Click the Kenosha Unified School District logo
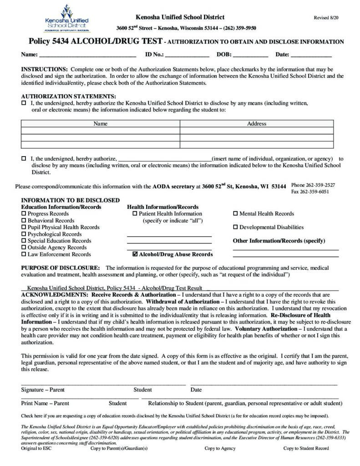tap(67, 19)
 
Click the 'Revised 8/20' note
tap(327, 17)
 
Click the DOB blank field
tap(250, 55)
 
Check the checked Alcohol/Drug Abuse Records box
tap(135, 254)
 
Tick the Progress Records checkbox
tap(24, 213)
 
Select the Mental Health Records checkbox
tap(236, 213)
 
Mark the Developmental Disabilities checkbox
tap(236, 227)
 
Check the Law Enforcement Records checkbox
tap(24, 254)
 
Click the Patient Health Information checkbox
tap(135, 213)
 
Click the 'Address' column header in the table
tap(256, 124)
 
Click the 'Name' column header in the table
tap(100, 124)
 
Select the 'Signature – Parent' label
tap(43, 390)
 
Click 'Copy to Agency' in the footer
tap(220, 448)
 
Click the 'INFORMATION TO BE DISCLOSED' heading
tap(71, 200)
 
